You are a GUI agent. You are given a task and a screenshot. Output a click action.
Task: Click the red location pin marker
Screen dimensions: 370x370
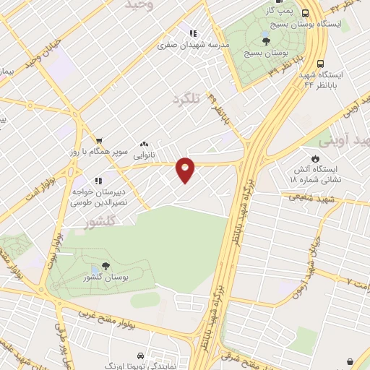(186, 170)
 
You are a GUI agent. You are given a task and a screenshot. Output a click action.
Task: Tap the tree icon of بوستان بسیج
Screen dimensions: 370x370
(266, 41)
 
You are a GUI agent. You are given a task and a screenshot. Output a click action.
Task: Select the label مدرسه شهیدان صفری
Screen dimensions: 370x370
(193, 45)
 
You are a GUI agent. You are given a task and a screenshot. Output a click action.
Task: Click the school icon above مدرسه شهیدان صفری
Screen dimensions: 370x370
(193, 33)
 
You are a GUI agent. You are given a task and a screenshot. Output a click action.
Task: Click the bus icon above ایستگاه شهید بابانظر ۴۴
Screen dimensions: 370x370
(319, 62)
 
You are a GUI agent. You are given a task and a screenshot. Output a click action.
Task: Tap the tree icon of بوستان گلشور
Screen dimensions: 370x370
(106, 266)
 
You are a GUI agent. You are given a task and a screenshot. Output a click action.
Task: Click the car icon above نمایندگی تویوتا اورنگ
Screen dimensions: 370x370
(139, 356)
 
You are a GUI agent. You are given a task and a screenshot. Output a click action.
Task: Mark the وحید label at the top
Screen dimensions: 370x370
(140, 5)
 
